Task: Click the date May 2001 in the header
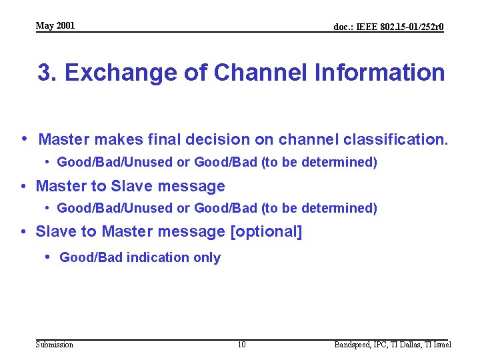[x=55, y=26]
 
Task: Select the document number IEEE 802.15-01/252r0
[x=389, y=27]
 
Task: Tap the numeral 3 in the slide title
[x=45, y=73]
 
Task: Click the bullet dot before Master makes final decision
[x=24, y=139]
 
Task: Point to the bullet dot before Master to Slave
[x=24, y=186]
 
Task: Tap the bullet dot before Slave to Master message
[x=24, y=231]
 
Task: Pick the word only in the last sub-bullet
[x=207, y=258]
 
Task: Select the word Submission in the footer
[x=55, y=345]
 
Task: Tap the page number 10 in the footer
[x=241, y=345]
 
